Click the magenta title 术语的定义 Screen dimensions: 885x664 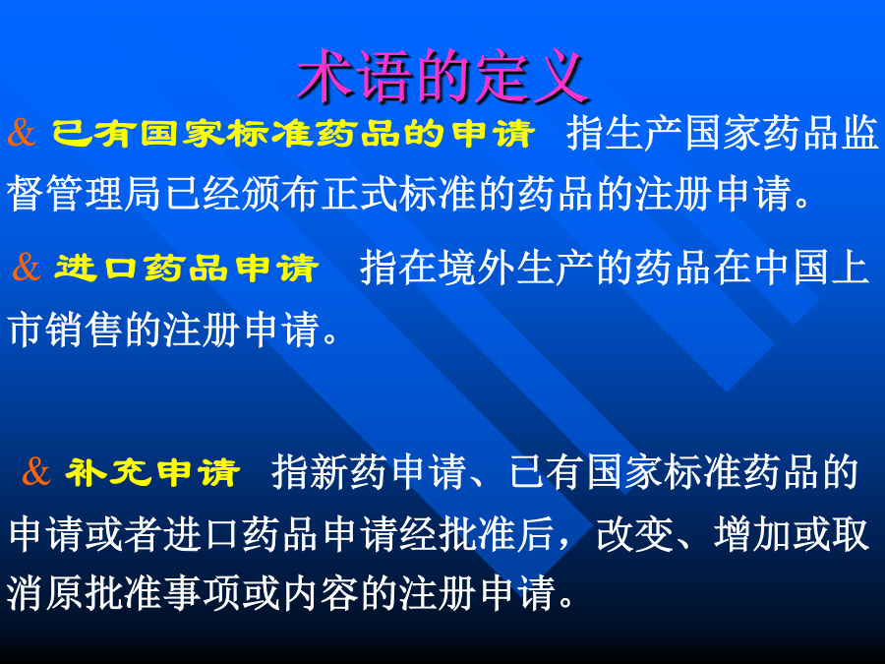tap(443, 76)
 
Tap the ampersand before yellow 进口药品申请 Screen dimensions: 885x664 tap(27, 267)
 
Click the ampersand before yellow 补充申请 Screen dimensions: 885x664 tap(36, 471)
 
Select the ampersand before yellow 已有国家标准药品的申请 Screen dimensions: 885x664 tap(22, 133)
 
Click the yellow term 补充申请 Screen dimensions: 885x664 tap(153, 472)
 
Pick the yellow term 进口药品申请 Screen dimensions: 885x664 tap(187, 268)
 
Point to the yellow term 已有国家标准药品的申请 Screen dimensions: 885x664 tap(293, 134)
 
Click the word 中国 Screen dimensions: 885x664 tap(793, 268)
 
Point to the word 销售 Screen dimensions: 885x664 tap(86, 330)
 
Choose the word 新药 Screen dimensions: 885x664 tap(349, 472)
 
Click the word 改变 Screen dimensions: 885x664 tap(635, 534)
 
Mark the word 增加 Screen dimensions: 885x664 tap(753, 534)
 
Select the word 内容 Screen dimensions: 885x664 tap(321, 593)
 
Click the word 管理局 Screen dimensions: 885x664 tap(105, 193)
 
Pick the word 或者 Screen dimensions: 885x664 tap(124, 534)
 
